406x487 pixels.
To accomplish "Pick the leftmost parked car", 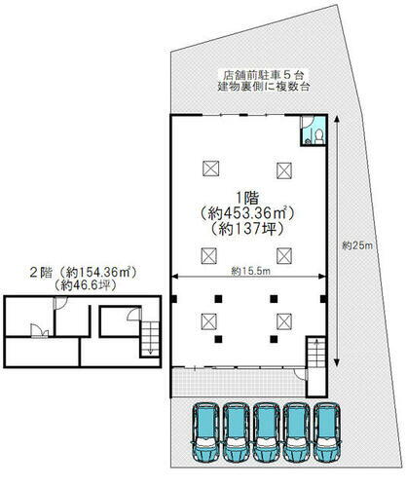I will pyautogui.click(x=206, y=432).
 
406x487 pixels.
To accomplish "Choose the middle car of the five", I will pyautogui.click(x=268, y=432).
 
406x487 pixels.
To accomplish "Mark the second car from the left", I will pyautogui.click(x=238, y=432).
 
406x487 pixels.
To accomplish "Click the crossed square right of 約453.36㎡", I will pyautogui.click(x=283, y=168).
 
